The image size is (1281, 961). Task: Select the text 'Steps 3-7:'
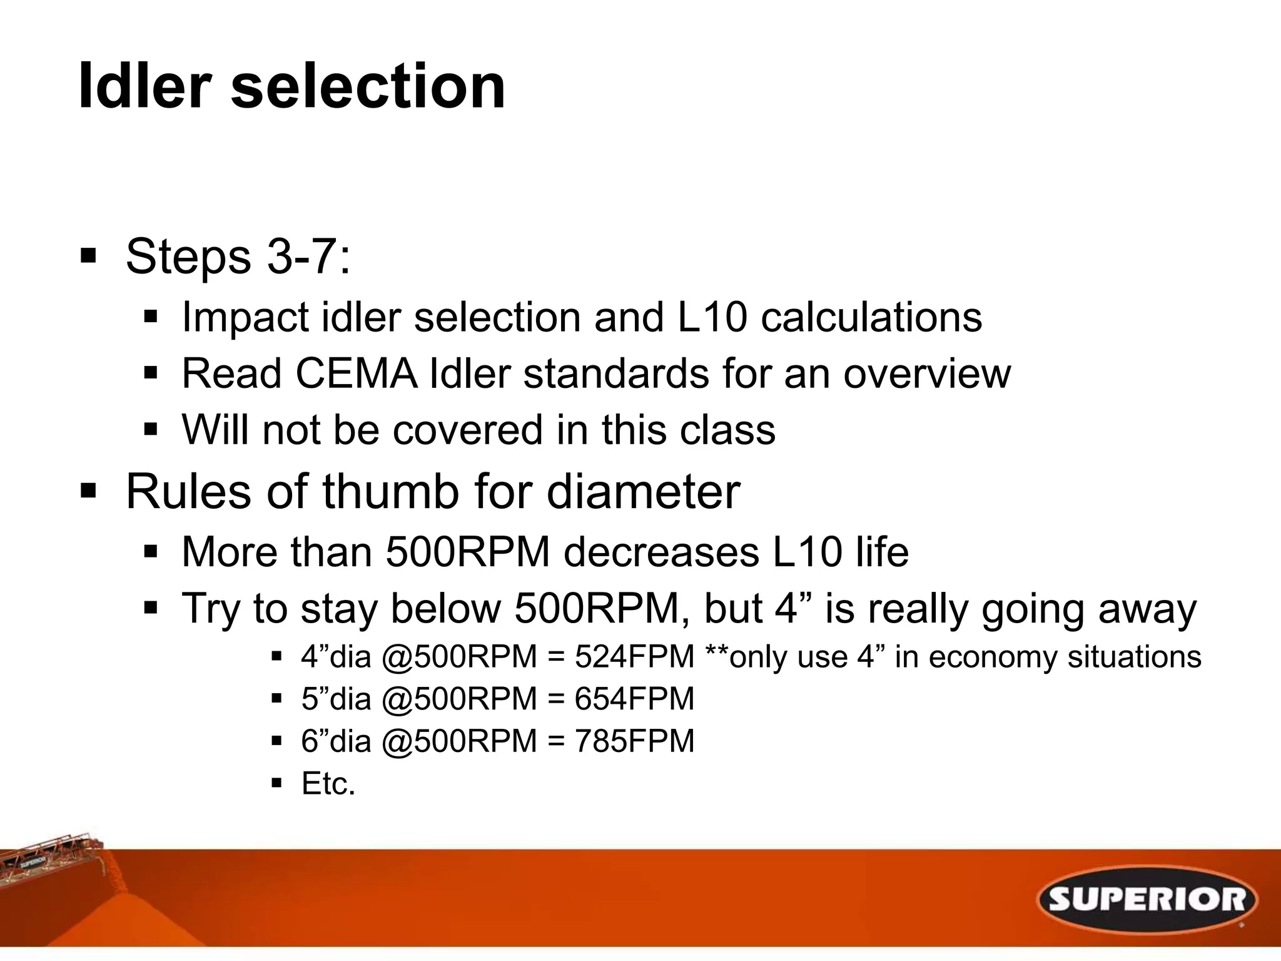coord(238,257)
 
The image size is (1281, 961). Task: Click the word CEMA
coord(355,374)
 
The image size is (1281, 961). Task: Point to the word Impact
coord(245,317)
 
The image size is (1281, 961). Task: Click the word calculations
coord(871,317)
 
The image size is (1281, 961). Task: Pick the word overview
coord(926,374)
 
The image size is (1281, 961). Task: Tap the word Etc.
coord(328,783)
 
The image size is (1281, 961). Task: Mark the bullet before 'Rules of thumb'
coord(88,491)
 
